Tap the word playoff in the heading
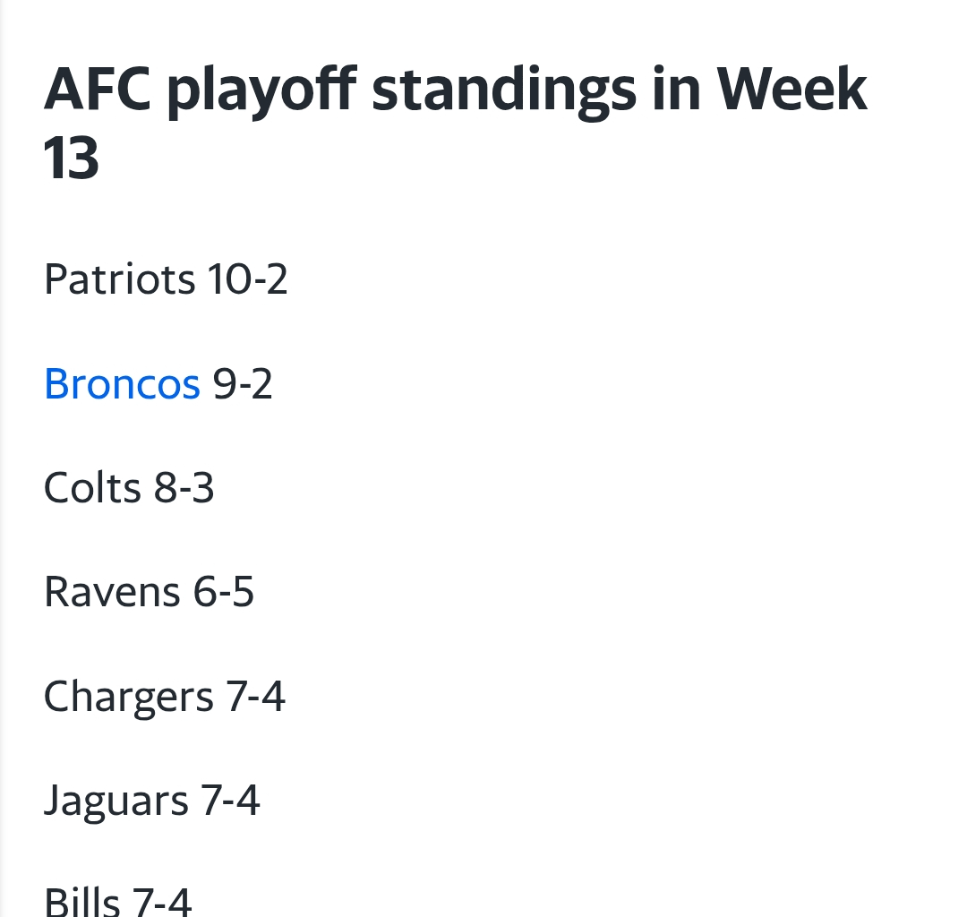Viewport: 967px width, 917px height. (261, 90)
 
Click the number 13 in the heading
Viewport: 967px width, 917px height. (71, 159)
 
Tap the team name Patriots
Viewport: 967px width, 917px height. (119, 279)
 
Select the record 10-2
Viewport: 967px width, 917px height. (248, 279)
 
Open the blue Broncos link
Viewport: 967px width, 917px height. (122, 384)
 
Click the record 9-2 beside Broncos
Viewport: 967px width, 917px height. (243, 384)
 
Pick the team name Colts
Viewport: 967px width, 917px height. (92, 489)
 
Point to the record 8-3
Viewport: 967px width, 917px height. (184, 489)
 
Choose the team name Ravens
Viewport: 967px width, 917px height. (112, 593)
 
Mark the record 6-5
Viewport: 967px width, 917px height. (224, 593)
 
